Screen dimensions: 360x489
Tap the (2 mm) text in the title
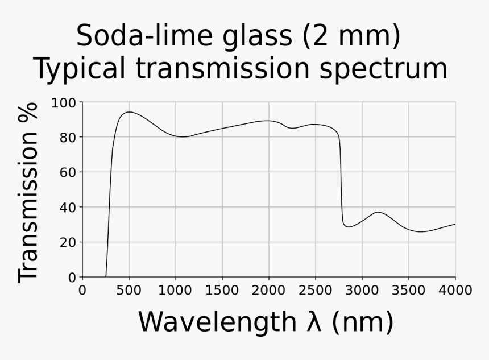(x=350, y=36)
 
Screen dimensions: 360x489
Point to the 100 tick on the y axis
(x=63, y=103)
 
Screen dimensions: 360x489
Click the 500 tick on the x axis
(x=129, y=291)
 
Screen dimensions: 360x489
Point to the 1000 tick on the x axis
(x=175, y=291)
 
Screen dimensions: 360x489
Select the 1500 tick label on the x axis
(x=222, y=291)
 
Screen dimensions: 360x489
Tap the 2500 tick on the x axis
(x=315, y=291)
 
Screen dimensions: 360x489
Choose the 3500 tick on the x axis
(x=408, y=291)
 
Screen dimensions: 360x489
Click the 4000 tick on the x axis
(x=455, y=291)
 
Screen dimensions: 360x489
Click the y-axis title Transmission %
(x=28, y=192)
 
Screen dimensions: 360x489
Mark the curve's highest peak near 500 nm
(x=129, y=112)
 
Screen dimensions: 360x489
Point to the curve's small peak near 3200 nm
(x=379, y=212)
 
